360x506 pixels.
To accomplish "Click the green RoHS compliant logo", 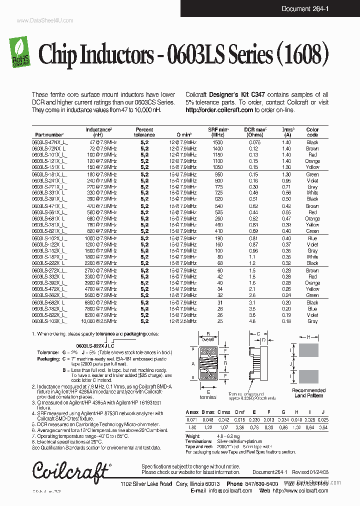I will click(20, 51).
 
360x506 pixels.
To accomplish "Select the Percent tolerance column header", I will click(144, 132).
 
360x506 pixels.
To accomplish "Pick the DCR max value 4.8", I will click(252, 321).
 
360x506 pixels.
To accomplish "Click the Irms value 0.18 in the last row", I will click(286, 321).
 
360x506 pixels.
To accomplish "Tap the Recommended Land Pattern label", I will click(308, 393).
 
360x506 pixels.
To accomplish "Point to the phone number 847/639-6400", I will click(262, 484).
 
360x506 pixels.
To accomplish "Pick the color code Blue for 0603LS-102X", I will click(312, 238).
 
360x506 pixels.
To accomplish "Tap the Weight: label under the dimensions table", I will click(193, 436).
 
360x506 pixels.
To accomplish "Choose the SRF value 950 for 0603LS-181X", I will click(218, 174).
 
